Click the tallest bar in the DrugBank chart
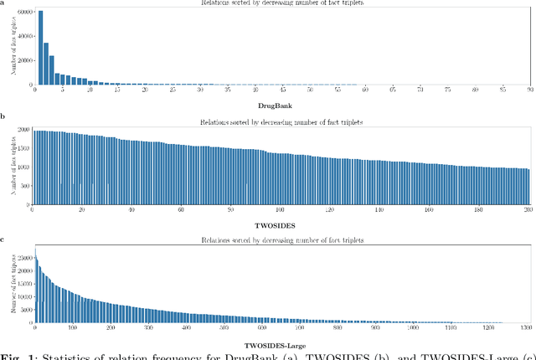[x=41, y=48]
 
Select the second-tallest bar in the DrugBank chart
[x=46, y=64]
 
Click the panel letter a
[x=3, y=3]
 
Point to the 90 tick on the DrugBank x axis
[x=530, y=90]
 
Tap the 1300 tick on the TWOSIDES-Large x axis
[x=528, y=331]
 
